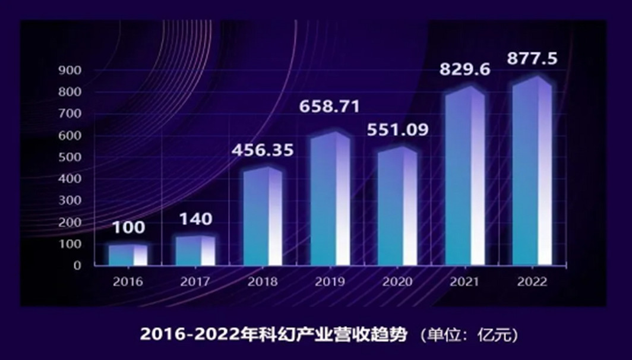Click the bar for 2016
(x=127, y=255)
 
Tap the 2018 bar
(x=263, y=216)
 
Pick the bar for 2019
(x=330, y=198)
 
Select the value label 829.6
(x=464, y=70)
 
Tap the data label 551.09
(x=397, y=130)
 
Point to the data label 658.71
(x=330, y=107)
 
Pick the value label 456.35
(x=262, y=150)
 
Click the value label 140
(x=195, y=219)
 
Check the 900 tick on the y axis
(x=70, y=71)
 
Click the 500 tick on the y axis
(x=70, y=157)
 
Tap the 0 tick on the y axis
(x=77, y=266)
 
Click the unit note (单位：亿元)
(x=469, y=335)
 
